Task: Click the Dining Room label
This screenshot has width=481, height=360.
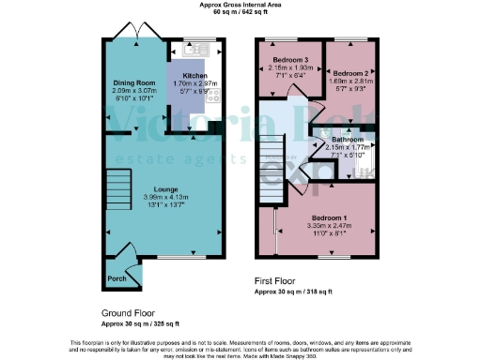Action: (126, 82)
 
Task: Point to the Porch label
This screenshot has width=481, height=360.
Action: (117, 279)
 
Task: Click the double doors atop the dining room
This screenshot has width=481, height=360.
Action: (138, 34)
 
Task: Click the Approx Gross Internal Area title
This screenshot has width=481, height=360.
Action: (240, 5)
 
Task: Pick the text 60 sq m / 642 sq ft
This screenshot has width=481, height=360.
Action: (240, 14)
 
